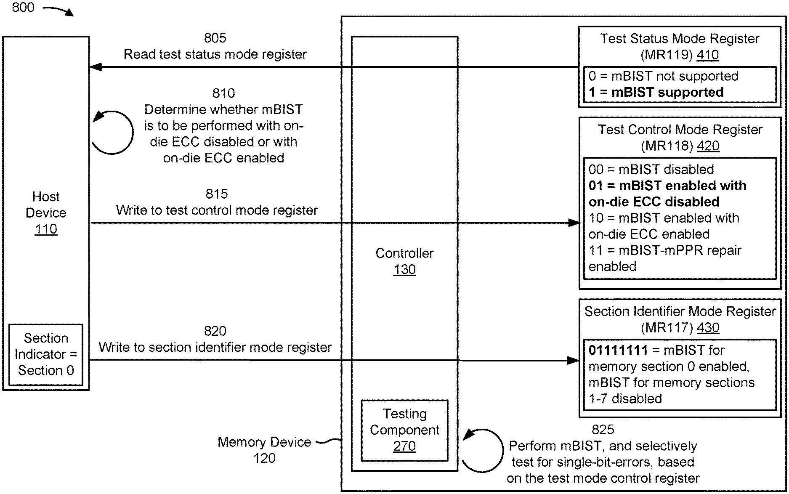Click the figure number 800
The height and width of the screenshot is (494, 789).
coord(23,8)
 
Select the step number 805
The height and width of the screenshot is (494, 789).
coord(215,38)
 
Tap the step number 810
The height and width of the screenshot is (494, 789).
coord(223,93)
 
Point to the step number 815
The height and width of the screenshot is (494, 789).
coord(217,194)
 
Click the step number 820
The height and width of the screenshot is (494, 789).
coord(215,331)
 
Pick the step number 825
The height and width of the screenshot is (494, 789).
coord(603,430)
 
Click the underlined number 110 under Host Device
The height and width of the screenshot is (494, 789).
coord(46,229)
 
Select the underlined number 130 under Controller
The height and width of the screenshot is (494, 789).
coord(404,270)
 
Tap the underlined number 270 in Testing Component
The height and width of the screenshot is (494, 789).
coord(404,446)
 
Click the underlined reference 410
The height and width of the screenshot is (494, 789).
coord(708,55)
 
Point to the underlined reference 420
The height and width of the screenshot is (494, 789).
coord(708,146)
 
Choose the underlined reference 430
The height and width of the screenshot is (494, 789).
coord(708,328)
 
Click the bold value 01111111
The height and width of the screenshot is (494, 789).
coord(618,350)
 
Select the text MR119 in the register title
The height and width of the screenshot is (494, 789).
coord(667,55)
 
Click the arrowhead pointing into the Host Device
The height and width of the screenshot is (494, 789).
coord(96,67)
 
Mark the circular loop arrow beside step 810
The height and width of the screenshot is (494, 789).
coord(113,133)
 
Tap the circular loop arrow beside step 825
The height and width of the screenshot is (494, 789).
coord(483,450)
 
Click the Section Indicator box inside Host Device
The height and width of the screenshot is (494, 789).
coord(46,354)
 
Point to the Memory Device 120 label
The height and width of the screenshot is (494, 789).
coord(264,450)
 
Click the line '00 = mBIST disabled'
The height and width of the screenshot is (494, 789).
coord(651,170)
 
